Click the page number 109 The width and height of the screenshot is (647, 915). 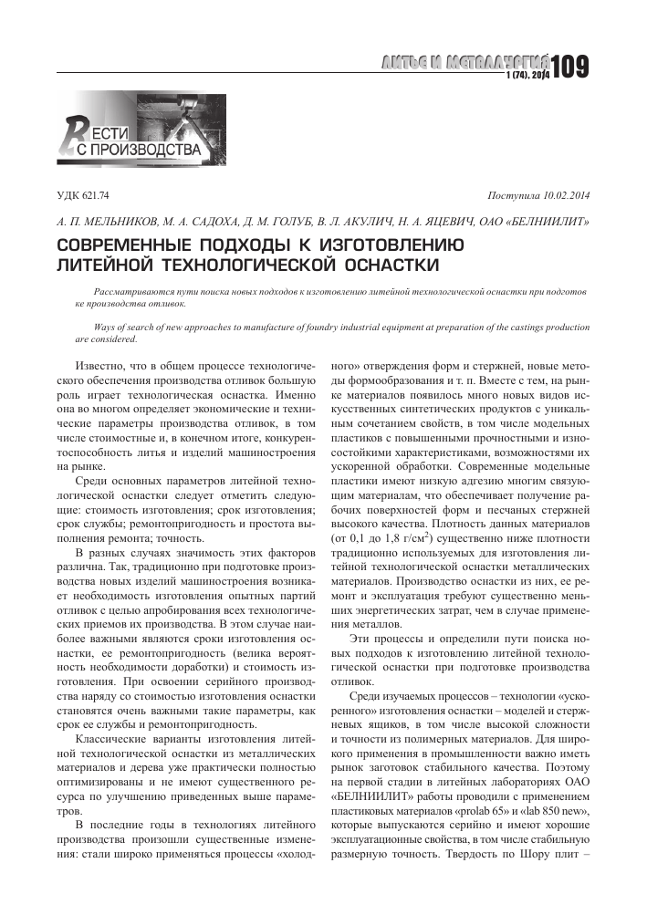571,68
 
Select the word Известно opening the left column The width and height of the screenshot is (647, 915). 101,363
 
